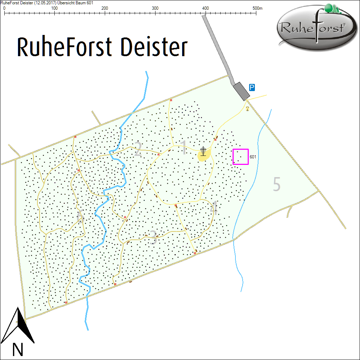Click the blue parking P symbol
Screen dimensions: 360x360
coord(252,87)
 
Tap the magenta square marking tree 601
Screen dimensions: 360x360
coord(240,157)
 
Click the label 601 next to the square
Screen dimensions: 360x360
coord(253,157)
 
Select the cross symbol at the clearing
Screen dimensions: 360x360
coord(203,151)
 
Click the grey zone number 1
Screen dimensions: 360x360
coord(184,148)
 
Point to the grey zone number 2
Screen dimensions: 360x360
coord(138,150)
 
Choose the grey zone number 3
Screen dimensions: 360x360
coord(153,238)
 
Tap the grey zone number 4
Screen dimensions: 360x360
coord(214,209)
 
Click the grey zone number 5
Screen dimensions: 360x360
coord(276,184)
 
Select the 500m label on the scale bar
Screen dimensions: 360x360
coord(257,8)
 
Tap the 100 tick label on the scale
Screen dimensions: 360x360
coord(55,8)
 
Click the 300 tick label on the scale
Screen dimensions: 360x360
coord(155,8)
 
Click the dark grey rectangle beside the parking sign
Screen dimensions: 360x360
coord(241,91)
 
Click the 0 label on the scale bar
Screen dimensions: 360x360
coord(4,8)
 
